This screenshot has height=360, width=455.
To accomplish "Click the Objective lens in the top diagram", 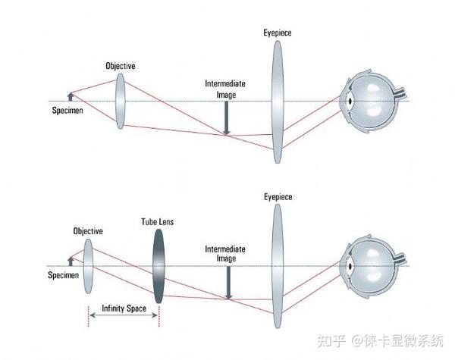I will [120, 101].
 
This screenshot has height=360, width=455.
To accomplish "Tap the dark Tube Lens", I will [158, 266].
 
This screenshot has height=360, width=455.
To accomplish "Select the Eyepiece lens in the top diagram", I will [278, 101].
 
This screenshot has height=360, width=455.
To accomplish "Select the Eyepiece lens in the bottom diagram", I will [278, 265].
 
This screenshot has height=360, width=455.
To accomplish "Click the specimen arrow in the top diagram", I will [70, 95].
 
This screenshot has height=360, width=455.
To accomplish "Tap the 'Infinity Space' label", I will [124, 308].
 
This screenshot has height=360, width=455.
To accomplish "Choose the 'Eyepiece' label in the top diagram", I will [278, 34].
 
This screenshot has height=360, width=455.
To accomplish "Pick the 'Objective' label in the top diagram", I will [120, 66].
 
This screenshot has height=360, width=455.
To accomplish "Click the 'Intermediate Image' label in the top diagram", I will [226, 89].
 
